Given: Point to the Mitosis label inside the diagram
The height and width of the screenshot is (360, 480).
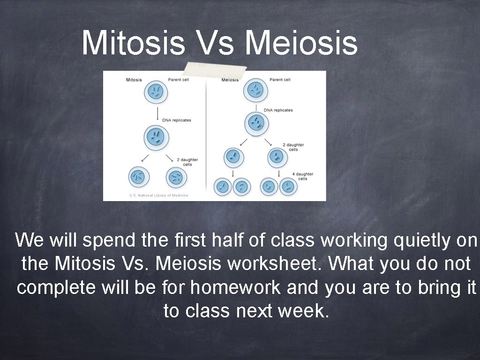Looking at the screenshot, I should tap(134, 80).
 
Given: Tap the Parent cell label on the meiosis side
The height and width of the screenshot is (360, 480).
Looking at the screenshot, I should tap(280, 80).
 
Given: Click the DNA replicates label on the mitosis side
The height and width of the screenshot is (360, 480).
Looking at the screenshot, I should tap(177, 120).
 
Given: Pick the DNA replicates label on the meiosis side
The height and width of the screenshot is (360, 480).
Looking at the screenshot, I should tap(278, 110).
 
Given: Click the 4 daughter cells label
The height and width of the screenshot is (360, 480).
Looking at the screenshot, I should tap(303, 176).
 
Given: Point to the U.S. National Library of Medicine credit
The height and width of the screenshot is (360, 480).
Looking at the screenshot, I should tap(158, 195).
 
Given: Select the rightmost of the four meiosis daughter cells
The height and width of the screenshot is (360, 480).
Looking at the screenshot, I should tap(288, 187).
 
